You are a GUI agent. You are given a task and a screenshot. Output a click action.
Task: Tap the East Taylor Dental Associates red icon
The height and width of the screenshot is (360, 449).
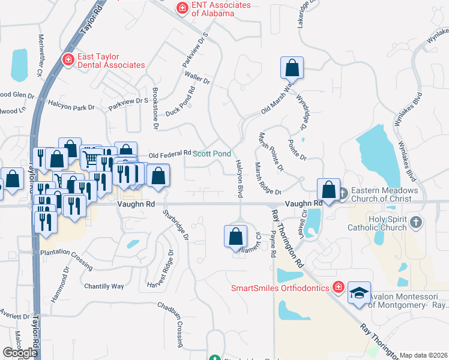(x=68, y=60)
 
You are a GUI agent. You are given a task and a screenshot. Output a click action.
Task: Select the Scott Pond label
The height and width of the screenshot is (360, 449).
(x=211, y=154)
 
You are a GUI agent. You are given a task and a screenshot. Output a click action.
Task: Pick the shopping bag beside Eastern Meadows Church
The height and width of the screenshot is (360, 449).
(x=329, y=190)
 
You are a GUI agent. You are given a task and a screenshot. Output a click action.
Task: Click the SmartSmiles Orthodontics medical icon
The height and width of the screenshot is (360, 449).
(x=339, y=288)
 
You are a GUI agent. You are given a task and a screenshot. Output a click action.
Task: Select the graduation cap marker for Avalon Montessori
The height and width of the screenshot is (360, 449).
(x=359, y=293)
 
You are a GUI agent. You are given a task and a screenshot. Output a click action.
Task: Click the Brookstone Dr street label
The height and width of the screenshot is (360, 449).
(x=155, y=108)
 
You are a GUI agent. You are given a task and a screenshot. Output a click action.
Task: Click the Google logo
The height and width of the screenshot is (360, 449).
(x=20, y=353)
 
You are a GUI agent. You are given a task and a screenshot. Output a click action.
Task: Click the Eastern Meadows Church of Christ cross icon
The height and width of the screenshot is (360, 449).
(x=343, y=194)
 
